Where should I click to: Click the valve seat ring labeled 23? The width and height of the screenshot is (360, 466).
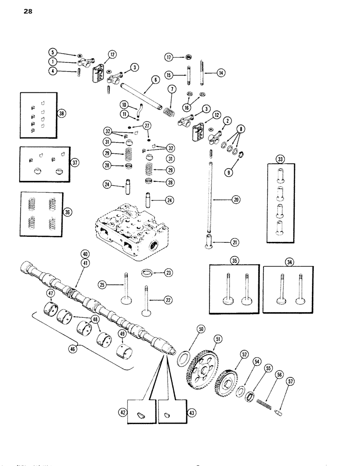146,272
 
